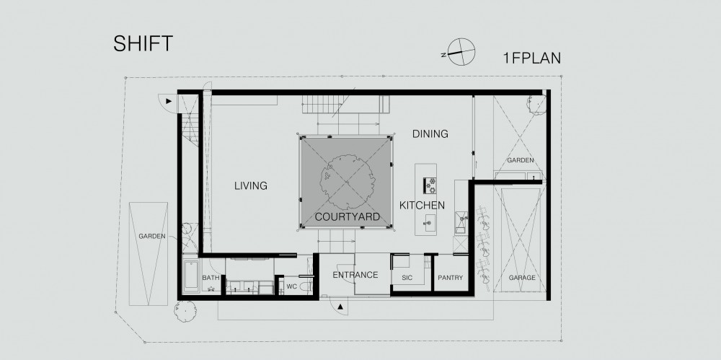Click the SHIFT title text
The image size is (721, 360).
point(143,43)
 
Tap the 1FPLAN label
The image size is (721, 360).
point(532,58)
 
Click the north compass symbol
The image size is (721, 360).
point(460,52)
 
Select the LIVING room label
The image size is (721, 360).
point(251,186)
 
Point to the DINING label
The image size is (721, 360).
point(430,134)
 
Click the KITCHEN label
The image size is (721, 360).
point(422,206)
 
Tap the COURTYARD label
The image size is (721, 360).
point(348,217)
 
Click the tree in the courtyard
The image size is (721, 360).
point(345,181)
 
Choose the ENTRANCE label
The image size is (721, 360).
point(355,275)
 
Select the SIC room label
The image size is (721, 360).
point(407,278)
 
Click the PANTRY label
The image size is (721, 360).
point(450,278)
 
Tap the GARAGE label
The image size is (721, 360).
point(522,278)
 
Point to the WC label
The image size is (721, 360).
point(291,286)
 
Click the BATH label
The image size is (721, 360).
point(211,278)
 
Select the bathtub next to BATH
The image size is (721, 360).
point(191,276)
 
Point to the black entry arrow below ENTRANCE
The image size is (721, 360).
point(340,306)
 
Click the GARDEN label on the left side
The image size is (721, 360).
point(151,236)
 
